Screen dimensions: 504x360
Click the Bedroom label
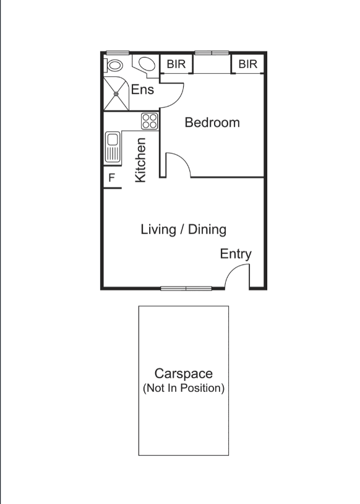point(212,123)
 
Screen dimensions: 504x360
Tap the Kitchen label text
point(141,160)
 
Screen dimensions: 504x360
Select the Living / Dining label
point(183,230)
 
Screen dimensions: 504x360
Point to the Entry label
point(236,254)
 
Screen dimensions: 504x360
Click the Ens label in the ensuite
point(142,90)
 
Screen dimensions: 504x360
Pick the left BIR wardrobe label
point(176,64)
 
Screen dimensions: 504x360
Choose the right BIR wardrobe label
point(247,64)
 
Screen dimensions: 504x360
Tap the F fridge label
point(112,178)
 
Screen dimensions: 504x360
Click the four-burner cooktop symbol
point(150,120)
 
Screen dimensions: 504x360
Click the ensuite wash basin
point(147,64)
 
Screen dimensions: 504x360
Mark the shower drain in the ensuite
point(116,93)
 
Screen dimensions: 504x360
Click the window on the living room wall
point(186,288)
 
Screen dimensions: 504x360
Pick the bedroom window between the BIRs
point(212,53)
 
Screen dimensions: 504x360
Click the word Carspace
point(183,374)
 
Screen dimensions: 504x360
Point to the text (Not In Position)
point(183,389)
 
